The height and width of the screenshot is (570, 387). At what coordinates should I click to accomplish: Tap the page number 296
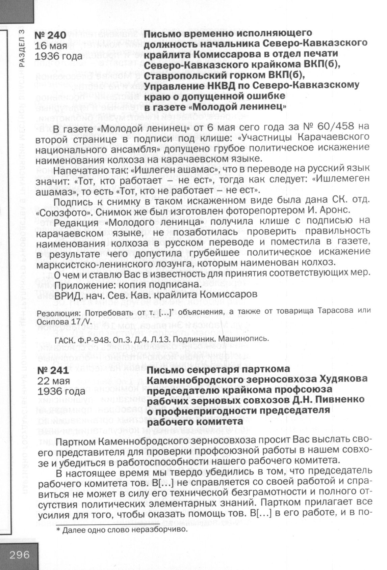pos(20,554)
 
